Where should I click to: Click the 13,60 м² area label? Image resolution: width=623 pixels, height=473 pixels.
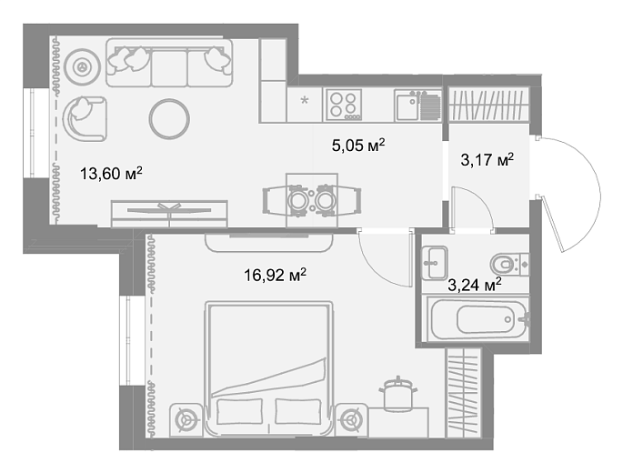click(111, 174)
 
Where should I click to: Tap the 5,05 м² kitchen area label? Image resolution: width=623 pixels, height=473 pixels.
click(358, 145)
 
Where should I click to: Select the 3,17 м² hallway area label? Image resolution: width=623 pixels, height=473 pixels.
click(487, 160)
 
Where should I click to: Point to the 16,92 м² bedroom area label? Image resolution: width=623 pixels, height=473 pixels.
click(275, 275)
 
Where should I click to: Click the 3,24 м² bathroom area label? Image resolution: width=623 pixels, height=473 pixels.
click(475, 285)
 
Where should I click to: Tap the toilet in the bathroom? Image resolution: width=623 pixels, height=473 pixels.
click(509, 264)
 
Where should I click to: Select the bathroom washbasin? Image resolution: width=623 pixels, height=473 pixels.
click(435, 262)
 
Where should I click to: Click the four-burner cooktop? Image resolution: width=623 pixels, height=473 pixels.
click(344, 105)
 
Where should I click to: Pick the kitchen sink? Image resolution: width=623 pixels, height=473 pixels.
click(418, 105)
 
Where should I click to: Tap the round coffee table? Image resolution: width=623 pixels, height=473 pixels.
click(169, 118)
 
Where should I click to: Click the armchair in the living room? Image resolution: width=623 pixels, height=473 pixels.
click(85, 118)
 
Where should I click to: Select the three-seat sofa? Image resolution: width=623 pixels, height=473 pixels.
click(169, 63)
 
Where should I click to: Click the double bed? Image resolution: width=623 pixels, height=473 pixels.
click(268, 368)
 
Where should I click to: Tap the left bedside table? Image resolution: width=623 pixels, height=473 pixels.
click(186, 420)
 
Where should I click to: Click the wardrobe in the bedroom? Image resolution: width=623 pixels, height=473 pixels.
click(464, 393)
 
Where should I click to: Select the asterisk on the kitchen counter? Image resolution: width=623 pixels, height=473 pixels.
click(305, 100)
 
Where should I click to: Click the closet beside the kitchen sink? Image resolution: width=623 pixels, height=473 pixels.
click(489, 105)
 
